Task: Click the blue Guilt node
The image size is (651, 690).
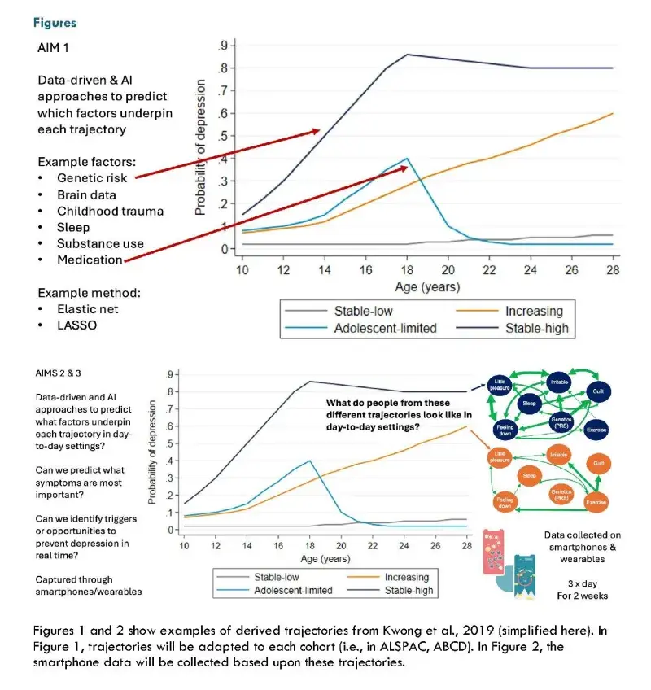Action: tap(596, 391)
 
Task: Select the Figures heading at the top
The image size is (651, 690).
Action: tap(55, 24)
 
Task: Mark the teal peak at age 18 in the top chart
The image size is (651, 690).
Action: tap(405, 158)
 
